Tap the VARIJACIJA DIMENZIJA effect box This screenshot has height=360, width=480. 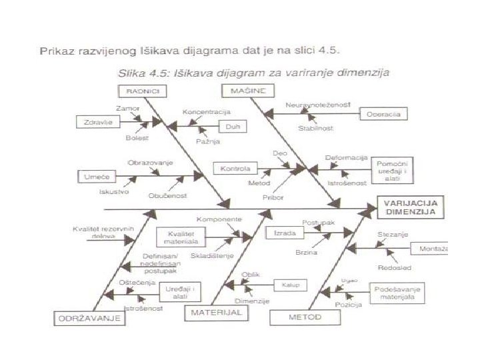coord(410,207)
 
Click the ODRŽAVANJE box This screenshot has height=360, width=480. coord(89,318)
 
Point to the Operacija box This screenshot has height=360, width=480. coord(383,115)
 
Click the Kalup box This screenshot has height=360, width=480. coord(289,285)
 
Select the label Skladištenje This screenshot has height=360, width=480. coord(212,255)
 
